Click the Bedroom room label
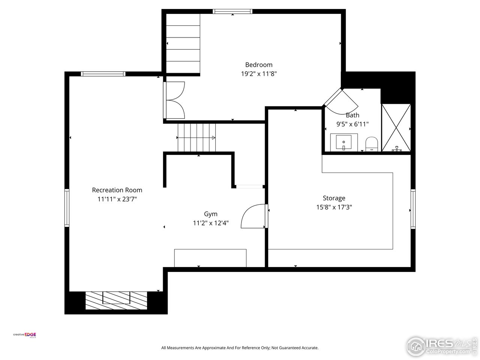click(x=259, y=64)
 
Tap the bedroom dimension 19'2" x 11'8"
click(x=259, y=74)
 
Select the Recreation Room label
click(x=117, y=190)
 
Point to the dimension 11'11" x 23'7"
click(x=117, y=199)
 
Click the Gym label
click(x=210, y=214)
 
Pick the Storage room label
click(x=334, y=198)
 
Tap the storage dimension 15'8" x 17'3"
click(x=334, y=207)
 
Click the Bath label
click(x=352, y=115)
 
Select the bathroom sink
click(x=343, y=142)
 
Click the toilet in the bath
click(x=371, y=144)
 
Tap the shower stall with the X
click(x=396, y=127)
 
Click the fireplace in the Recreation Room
click(x=116, y=300)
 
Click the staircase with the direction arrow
click(x=196, y=138)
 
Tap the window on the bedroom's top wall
click(x=232, y=11)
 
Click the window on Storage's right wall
click(x=413, y=209)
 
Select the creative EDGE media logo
click(x=25, y=335)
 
